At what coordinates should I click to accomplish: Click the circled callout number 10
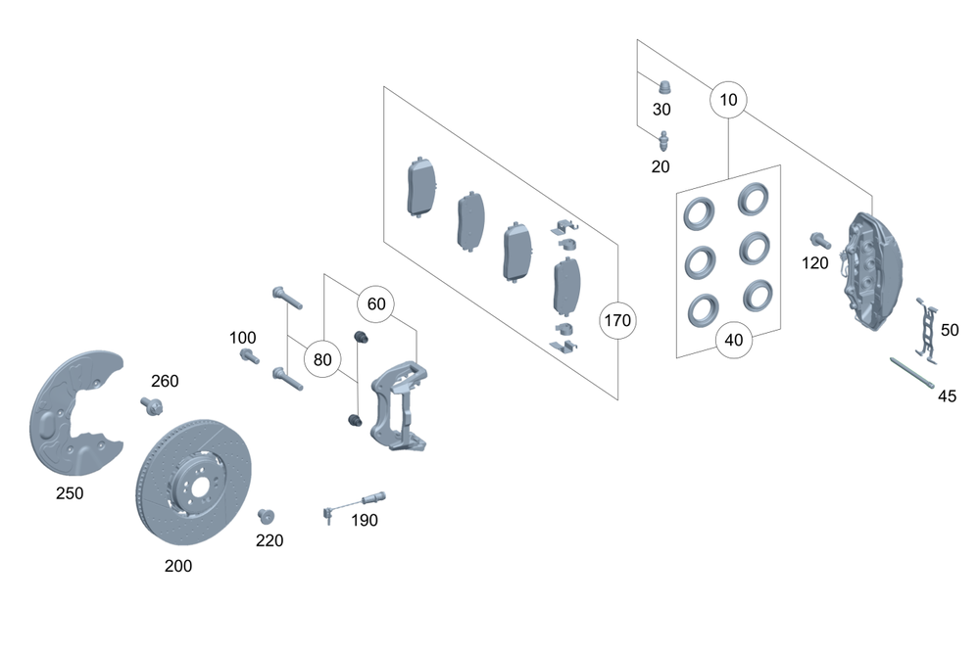729,100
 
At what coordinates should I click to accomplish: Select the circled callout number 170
618,320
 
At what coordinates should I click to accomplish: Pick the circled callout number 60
375,303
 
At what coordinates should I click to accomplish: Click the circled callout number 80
322,359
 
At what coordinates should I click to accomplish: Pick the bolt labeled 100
249,356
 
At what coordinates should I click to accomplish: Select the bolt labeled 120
819,239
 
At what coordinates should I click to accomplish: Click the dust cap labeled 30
663,86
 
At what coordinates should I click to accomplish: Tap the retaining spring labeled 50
922,328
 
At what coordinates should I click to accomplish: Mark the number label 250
69,493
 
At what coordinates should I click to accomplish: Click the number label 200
178,566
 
